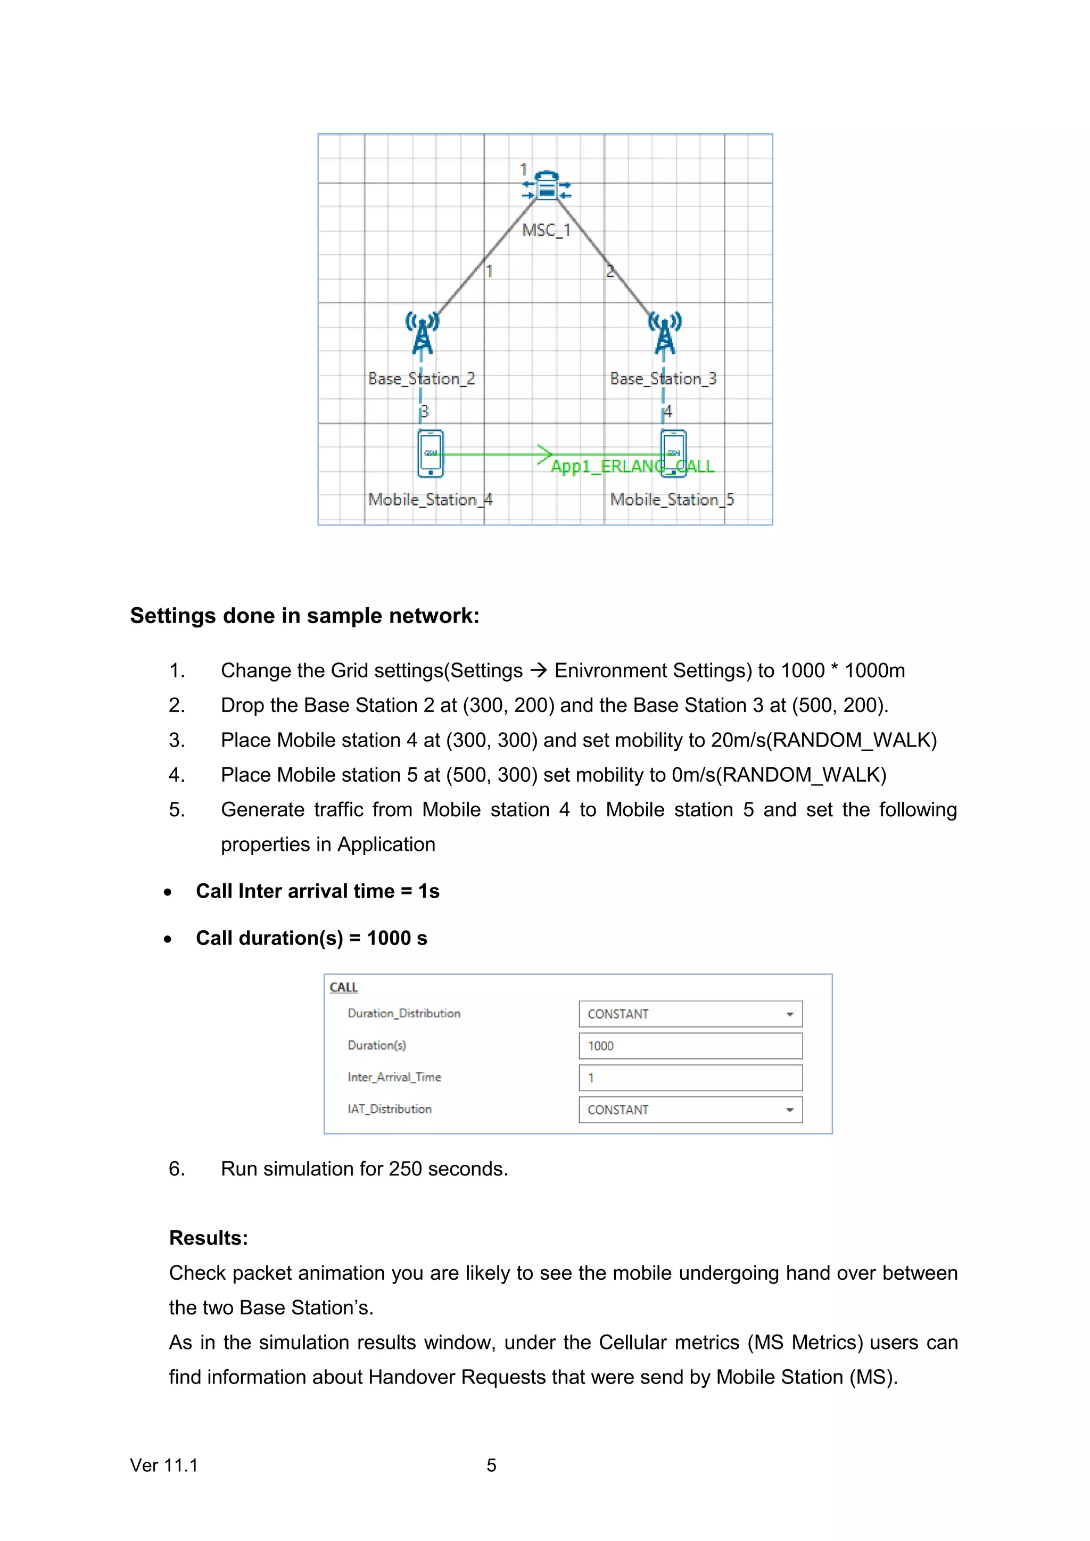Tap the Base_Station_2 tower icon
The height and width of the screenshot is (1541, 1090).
point(422,333)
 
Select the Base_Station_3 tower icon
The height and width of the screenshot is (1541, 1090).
point(664,333)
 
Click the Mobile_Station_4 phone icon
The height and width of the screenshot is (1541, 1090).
point(430,454)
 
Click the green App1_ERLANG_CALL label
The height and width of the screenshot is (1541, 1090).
point(632,467)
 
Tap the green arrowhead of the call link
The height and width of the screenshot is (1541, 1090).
point(545,454)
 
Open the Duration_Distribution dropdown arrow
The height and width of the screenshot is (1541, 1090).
point(790,1014)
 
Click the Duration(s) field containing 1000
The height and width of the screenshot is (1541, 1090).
point(690,1046)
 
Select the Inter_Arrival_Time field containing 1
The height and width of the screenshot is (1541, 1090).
point(690,1078)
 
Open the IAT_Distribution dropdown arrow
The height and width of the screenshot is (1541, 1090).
point(790,1110)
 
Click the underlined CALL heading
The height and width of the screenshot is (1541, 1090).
point(344,987)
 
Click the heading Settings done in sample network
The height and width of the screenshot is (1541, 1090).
point(305,616)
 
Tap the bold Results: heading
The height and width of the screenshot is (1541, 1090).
point(208,1238)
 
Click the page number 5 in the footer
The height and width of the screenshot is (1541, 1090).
point(491,1465)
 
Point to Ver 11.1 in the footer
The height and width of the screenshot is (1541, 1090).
point(164,1465)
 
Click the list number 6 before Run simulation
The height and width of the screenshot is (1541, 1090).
point(176,1169)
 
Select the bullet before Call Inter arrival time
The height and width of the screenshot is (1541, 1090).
point(168,892)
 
